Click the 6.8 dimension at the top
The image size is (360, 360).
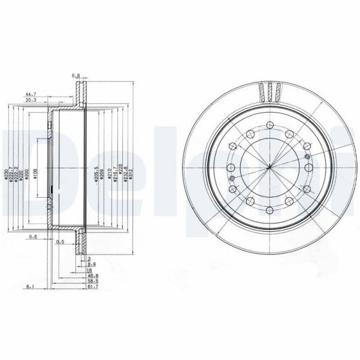pyautogui.click(x=76, y=75)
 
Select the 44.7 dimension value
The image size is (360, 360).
pyautogui.click(x=31, y=94)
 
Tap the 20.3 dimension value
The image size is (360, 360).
pyautogui.click(x=31, y=101)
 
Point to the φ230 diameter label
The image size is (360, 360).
pyautogui.click(x=5, y=174)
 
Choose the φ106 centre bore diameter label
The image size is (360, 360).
pyautogui.click(x=36, y=174)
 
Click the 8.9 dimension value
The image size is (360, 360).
pyautogui.click(x=91, y=264)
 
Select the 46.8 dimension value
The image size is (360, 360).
pyautogui.click(x=91, y=276)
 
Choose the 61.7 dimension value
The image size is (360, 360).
pyautogui.click(x=91, y=287)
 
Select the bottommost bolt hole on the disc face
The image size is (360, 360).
pyautogui.click(x=269, y=210)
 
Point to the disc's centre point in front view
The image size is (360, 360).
pyautogui.click(x=269, y=168)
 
